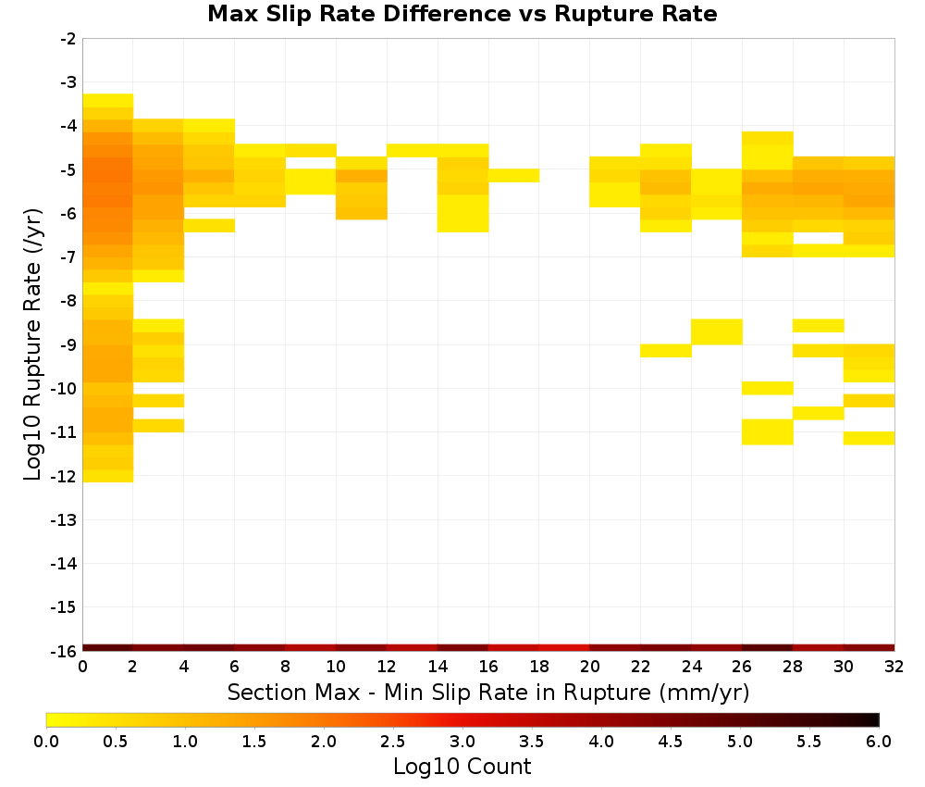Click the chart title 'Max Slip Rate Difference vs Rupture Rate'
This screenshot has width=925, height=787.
coord(462,14)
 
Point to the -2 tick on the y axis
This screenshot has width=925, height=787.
coord(68,39)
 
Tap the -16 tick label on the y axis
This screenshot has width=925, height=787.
coord(64,651)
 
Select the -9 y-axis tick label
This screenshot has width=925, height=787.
coord(68,344)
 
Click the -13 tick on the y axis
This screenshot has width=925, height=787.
coord(64,520)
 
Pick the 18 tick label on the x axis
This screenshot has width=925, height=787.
coord(539,667)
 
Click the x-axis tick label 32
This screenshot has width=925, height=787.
coord(894,667)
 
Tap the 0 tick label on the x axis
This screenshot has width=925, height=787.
coord(82,667)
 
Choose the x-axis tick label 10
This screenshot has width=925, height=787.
coord(336,667)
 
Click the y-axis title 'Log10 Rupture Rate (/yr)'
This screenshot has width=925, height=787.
coord(32,344)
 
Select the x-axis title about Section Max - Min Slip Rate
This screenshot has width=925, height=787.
coord(488,692)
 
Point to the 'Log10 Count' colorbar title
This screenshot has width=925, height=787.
coord(462,767)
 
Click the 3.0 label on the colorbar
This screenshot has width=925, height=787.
coord(462,742)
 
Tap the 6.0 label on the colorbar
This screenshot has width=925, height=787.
coord(879,742)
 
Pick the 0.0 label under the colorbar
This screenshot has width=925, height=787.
coord(46,742)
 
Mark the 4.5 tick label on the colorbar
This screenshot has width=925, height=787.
coord(671,742)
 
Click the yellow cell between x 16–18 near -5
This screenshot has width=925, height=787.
coord(513,175)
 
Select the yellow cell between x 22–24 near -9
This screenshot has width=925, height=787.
coord(666,351)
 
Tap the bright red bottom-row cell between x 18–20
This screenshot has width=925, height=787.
coord(564,648)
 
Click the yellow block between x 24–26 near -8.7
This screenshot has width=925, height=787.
coord(717,331)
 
